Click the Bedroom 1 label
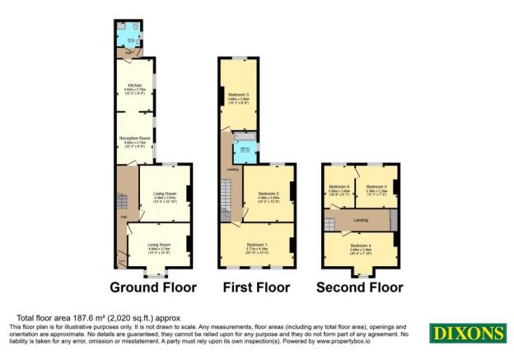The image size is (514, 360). click(258, 245)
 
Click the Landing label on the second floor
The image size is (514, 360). click(360, 219)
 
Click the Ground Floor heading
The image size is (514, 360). click(153, 288)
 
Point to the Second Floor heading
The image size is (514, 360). click(360, 288)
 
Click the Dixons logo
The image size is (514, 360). click(466, 334)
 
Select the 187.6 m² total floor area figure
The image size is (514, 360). click(96, 317)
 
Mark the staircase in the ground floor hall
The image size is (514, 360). click(121, 201)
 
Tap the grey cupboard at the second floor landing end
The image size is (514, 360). click(394, 220)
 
